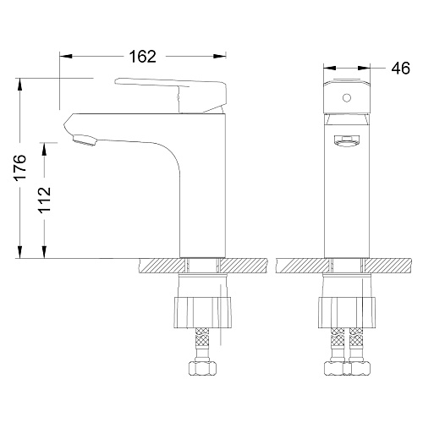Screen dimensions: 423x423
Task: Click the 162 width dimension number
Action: click(142, 57)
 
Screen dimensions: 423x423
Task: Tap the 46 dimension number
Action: click(400, 69)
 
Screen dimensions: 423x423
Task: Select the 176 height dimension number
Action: click(20, 167)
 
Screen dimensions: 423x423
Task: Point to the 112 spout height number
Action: click(45, 200)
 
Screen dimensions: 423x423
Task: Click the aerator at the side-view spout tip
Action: click(85, 140)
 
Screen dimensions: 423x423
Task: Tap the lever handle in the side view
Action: click(171, 95)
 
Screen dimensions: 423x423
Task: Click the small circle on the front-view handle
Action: click(347, 98)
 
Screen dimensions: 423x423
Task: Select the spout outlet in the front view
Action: click(347, 140)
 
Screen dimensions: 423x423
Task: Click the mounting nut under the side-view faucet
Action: click(202, 312)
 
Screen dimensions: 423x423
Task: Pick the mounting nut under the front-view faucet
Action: click(347, 312)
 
